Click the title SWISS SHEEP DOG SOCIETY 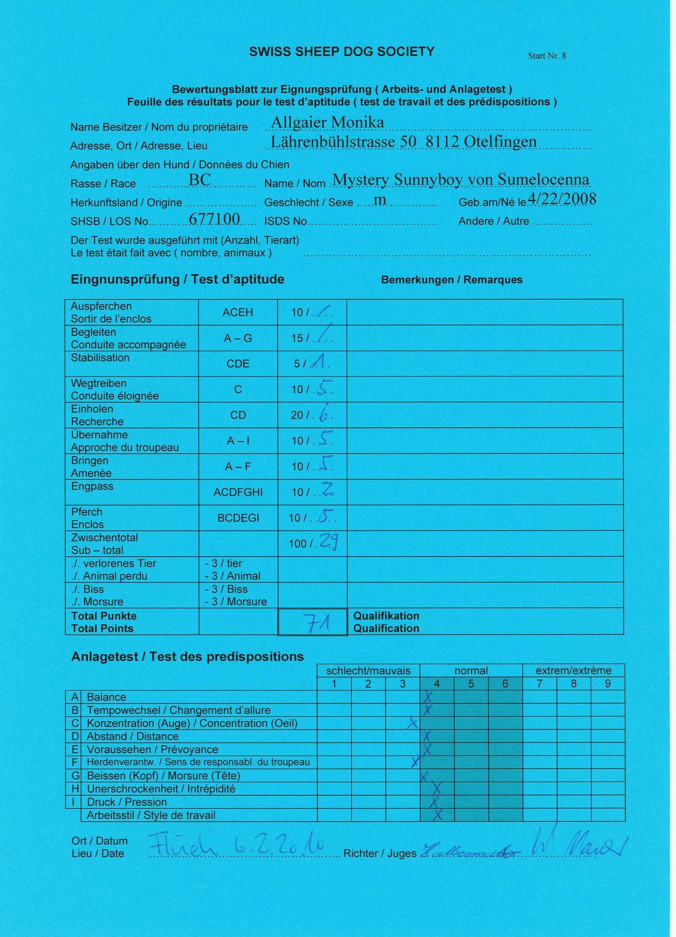tap(342, 52)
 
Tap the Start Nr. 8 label tap(547, 56)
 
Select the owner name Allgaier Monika tap(327, 122)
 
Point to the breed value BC tap(200, 179)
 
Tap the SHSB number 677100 tap(214, 219)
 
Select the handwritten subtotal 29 tap(329, 542)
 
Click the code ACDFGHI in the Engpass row tap(238, 492)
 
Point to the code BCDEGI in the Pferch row tap(238, 518)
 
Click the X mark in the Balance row tap(428, 697)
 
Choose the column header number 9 tap(607, 684)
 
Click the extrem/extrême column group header tap(574, 670)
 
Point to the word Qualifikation tap(386, 616)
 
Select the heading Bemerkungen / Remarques tap(452, 280)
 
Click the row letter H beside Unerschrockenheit tap(75, 789)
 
